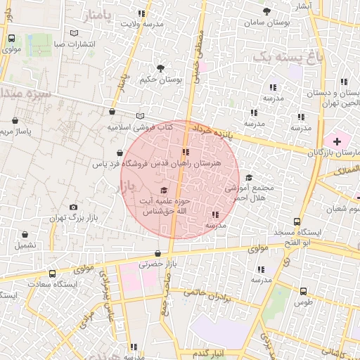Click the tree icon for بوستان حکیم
tap(161, 68)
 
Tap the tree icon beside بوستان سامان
tap(267, 11)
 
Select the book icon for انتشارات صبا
tap(75, 32)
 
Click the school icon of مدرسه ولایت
tap(142, 13)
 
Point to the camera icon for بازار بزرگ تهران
tap(74, 207)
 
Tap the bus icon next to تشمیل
tap(25, 235)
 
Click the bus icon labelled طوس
tap(303, 290)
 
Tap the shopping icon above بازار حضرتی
tap(157, 254)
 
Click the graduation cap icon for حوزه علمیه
tap(164, 190)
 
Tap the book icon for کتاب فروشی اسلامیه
tap(139, 117)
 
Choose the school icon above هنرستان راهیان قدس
tap(185, 152)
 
